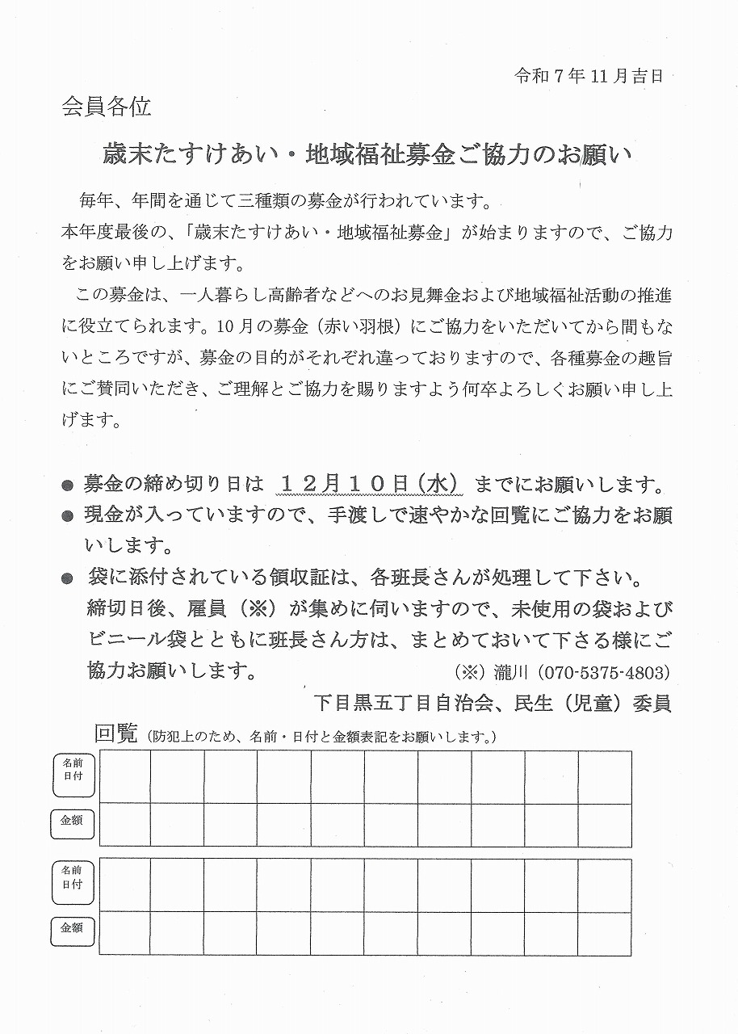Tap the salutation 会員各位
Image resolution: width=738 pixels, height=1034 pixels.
point(106,107)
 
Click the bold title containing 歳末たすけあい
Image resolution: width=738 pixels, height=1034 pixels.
point(367,153)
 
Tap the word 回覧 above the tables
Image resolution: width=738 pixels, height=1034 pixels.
point(118,733)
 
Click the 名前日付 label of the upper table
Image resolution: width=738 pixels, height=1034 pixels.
point(73,770)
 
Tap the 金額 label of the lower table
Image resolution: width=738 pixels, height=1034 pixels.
point(73,929)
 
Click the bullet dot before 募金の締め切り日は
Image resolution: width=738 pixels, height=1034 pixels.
point(67,486)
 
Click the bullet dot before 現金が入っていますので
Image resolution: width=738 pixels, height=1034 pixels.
point(67,516)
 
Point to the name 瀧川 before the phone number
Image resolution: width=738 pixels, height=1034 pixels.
point(501,672)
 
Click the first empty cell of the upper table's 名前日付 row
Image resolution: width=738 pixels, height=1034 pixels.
point(124,777)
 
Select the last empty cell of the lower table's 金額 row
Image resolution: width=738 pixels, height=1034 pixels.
point(605,933)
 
